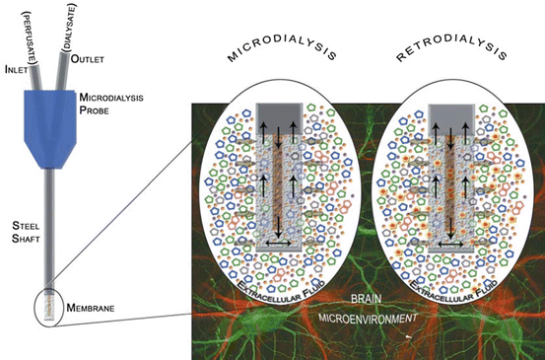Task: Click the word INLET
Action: point(19,68)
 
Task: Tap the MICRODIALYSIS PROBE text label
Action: point(109,105)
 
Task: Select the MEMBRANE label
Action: point(96,309)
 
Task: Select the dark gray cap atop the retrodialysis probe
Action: point(452,114)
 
